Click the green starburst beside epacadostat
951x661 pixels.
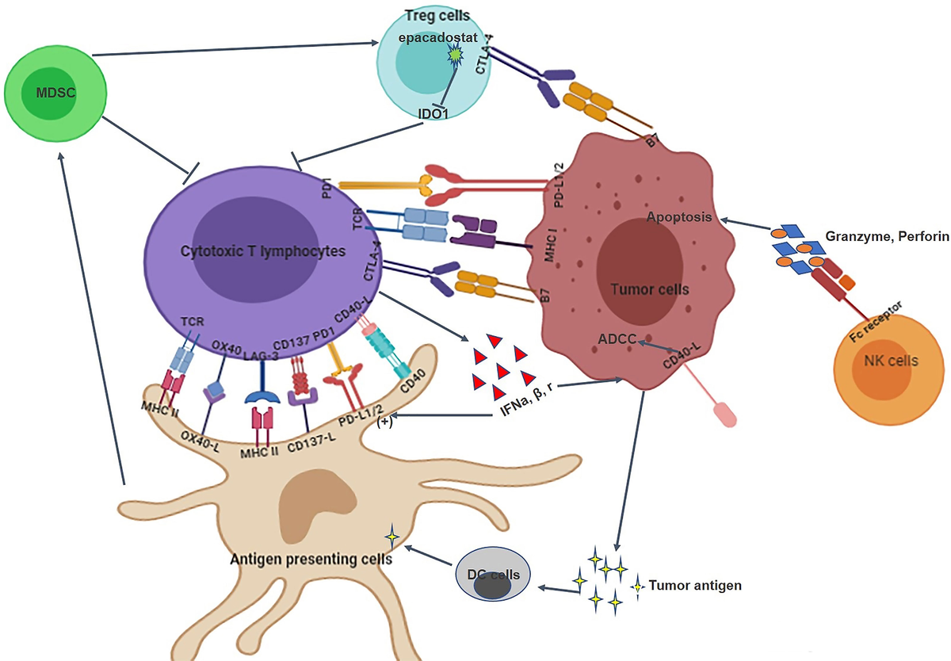[456, 56]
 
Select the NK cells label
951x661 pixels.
[891, 361]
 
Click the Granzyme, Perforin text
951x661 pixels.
[887, 236]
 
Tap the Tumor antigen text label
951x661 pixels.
[695, 586]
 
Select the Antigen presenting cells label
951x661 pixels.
[311, 559]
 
